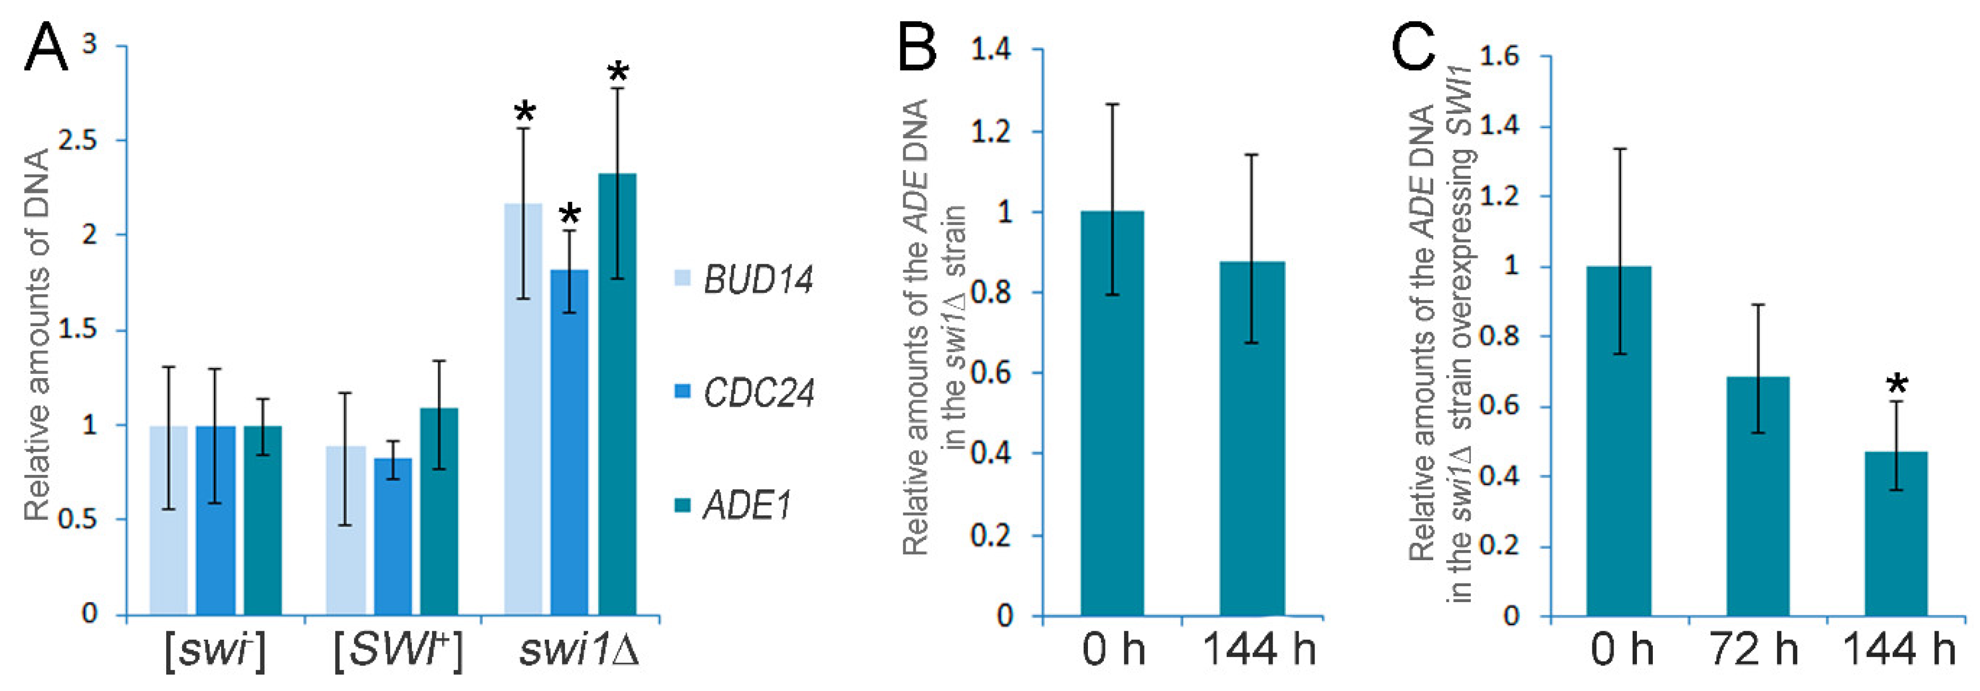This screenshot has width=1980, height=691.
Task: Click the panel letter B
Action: point(917,46)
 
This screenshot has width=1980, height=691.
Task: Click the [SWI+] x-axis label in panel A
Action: point(398,652)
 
